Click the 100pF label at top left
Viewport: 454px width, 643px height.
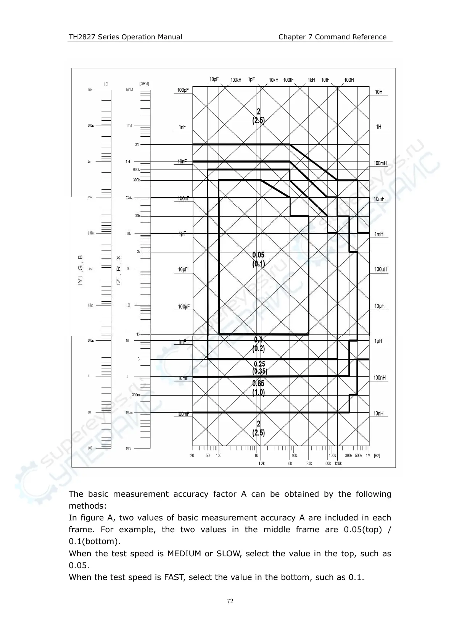[183, 90]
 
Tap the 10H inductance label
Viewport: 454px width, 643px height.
[378, 92]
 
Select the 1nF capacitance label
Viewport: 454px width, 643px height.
[182, 127]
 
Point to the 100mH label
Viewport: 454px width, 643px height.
[380, 163]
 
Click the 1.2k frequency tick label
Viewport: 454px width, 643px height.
[261, 464]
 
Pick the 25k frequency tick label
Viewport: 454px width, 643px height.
[309, 464]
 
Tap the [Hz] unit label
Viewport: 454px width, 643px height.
[377, 456]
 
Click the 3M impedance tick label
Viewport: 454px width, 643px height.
[137, 145]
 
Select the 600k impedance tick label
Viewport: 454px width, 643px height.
[136, 170]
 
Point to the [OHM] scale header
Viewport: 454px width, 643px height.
[144, 84]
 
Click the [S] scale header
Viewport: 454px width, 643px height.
[106, 84]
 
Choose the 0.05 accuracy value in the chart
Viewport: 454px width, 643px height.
[258, 255]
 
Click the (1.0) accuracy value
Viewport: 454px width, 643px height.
[258, 392]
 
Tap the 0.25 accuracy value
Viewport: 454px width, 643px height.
[259, 364]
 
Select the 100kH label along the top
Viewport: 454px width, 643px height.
[236, 80]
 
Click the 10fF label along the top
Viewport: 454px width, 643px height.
[325, 80]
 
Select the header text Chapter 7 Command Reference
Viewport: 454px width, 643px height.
[332, 37]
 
